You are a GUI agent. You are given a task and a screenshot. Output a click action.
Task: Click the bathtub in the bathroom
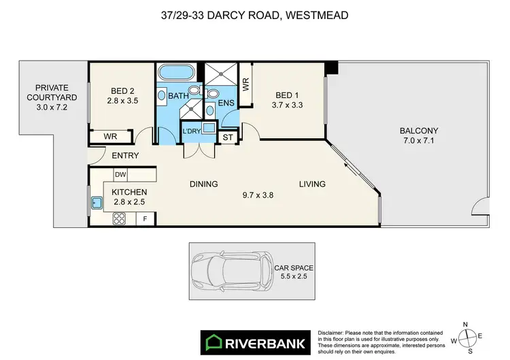click(175, 73)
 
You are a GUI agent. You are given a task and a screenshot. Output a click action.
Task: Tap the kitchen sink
click(96, 202)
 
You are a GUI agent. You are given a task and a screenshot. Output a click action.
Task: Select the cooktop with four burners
click(120, 219)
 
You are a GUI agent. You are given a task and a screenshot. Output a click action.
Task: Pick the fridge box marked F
click(145, 219)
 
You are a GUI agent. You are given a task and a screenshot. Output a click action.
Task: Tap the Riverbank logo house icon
click(212, 340)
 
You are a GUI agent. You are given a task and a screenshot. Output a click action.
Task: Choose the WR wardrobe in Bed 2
click(110, 137)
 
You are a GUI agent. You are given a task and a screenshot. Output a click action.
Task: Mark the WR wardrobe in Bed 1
click(245, 84)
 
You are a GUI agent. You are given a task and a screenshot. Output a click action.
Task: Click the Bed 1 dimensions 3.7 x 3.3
click(286, 106)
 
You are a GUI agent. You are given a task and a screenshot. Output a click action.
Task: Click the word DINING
click(203, 184)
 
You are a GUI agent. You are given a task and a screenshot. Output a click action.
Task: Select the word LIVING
click(311, 184)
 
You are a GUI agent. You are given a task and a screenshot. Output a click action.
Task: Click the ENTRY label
click(124, 156)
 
